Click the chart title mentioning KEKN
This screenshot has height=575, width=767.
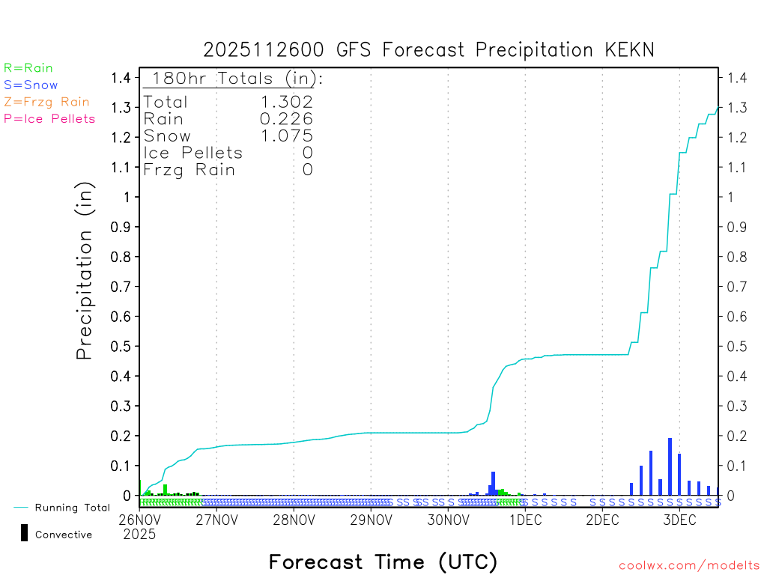click(x=429, y=50)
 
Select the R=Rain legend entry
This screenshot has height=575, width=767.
click(x=28, y=68)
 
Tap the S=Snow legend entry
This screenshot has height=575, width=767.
click(x=31, y=85)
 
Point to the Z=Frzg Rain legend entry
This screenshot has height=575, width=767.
click(x=46, y=102)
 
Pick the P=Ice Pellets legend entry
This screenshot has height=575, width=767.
click(x=49, y=118)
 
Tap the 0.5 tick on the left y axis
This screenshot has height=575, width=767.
click(x=120, y=346)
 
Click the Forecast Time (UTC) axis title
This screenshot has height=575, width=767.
click(x=383, y=562)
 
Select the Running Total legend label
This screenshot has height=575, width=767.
click(x=72, y=508)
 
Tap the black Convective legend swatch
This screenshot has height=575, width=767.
click(x=25, y=533)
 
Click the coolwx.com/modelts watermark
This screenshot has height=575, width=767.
click(x=689, y=565)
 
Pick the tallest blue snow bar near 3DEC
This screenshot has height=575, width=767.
click(x=670, y=466)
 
